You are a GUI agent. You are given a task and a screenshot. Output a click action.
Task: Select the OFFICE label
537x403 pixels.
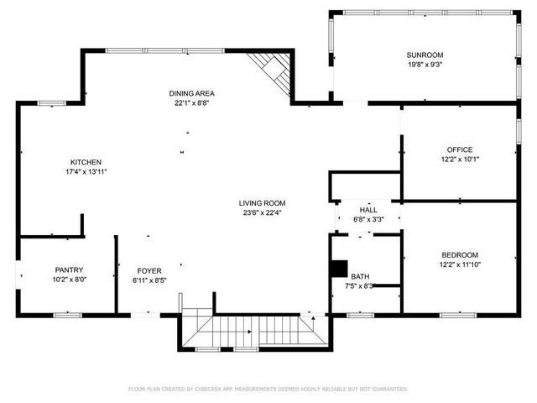point(459,149)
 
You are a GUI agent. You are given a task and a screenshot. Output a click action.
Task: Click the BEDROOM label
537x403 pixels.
point(459,255)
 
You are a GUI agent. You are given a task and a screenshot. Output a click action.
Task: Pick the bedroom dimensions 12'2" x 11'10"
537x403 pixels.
point(459,265)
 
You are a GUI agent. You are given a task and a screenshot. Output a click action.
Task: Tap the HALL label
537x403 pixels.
point(368,210)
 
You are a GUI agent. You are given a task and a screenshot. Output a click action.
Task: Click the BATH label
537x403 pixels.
point(360,276)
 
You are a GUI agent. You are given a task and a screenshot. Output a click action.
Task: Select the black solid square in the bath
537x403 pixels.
point(337,269)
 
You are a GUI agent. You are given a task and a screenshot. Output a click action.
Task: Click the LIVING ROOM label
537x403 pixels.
point(262,203)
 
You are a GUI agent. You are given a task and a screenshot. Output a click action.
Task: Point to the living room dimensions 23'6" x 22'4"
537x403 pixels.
point(262,213)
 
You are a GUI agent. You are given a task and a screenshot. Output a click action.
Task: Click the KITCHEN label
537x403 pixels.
point(86,162)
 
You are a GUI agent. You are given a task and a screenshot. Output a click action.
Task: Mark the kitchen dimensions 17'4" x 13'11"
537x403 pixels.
point(86,172)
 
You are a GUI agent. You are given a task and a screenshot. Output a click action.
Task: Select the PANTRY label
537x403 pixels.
point(69,270)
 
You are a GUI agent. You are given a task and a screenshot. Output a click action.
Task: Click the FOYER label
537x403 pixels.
point(149,270)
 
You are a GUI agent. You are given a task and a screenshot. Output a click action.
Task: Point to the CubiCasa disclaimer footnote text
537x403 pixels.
point(268,389)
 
